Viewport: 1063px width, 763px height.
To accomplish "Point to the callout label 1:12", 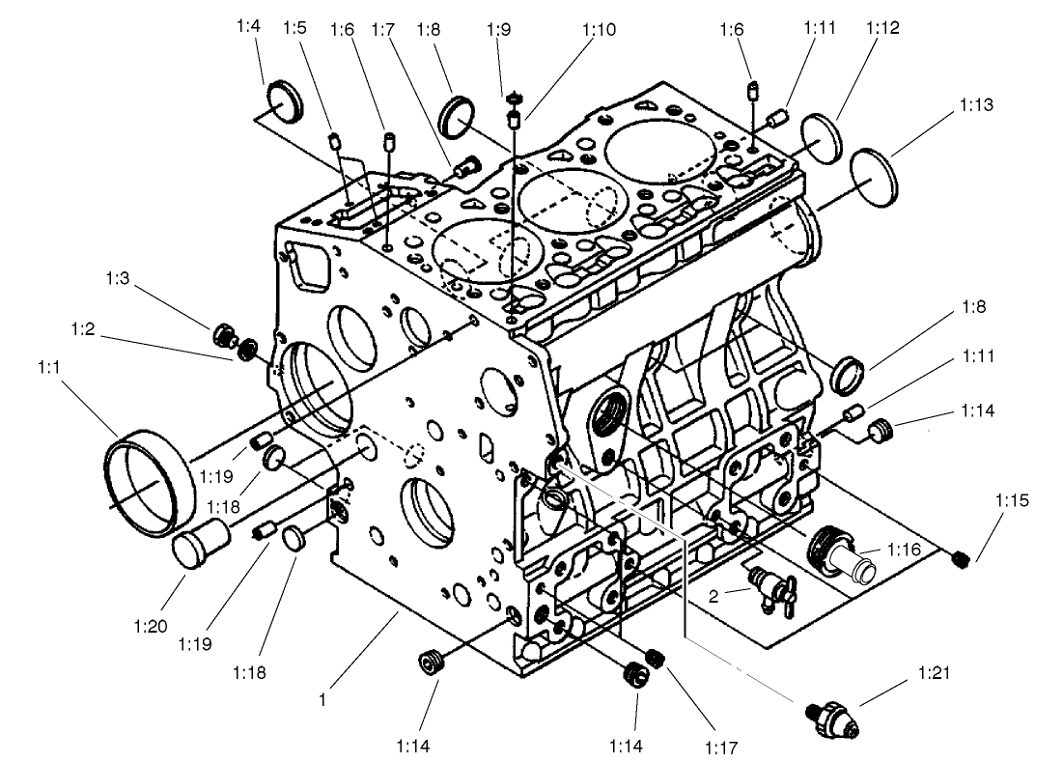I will (x=882, y=29).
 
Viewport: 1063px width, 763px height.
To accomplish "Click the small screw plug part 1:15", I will (x=960, y=559).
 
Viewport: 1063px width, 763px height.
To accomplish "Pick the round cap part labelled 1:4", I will (x=285, y=101).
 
